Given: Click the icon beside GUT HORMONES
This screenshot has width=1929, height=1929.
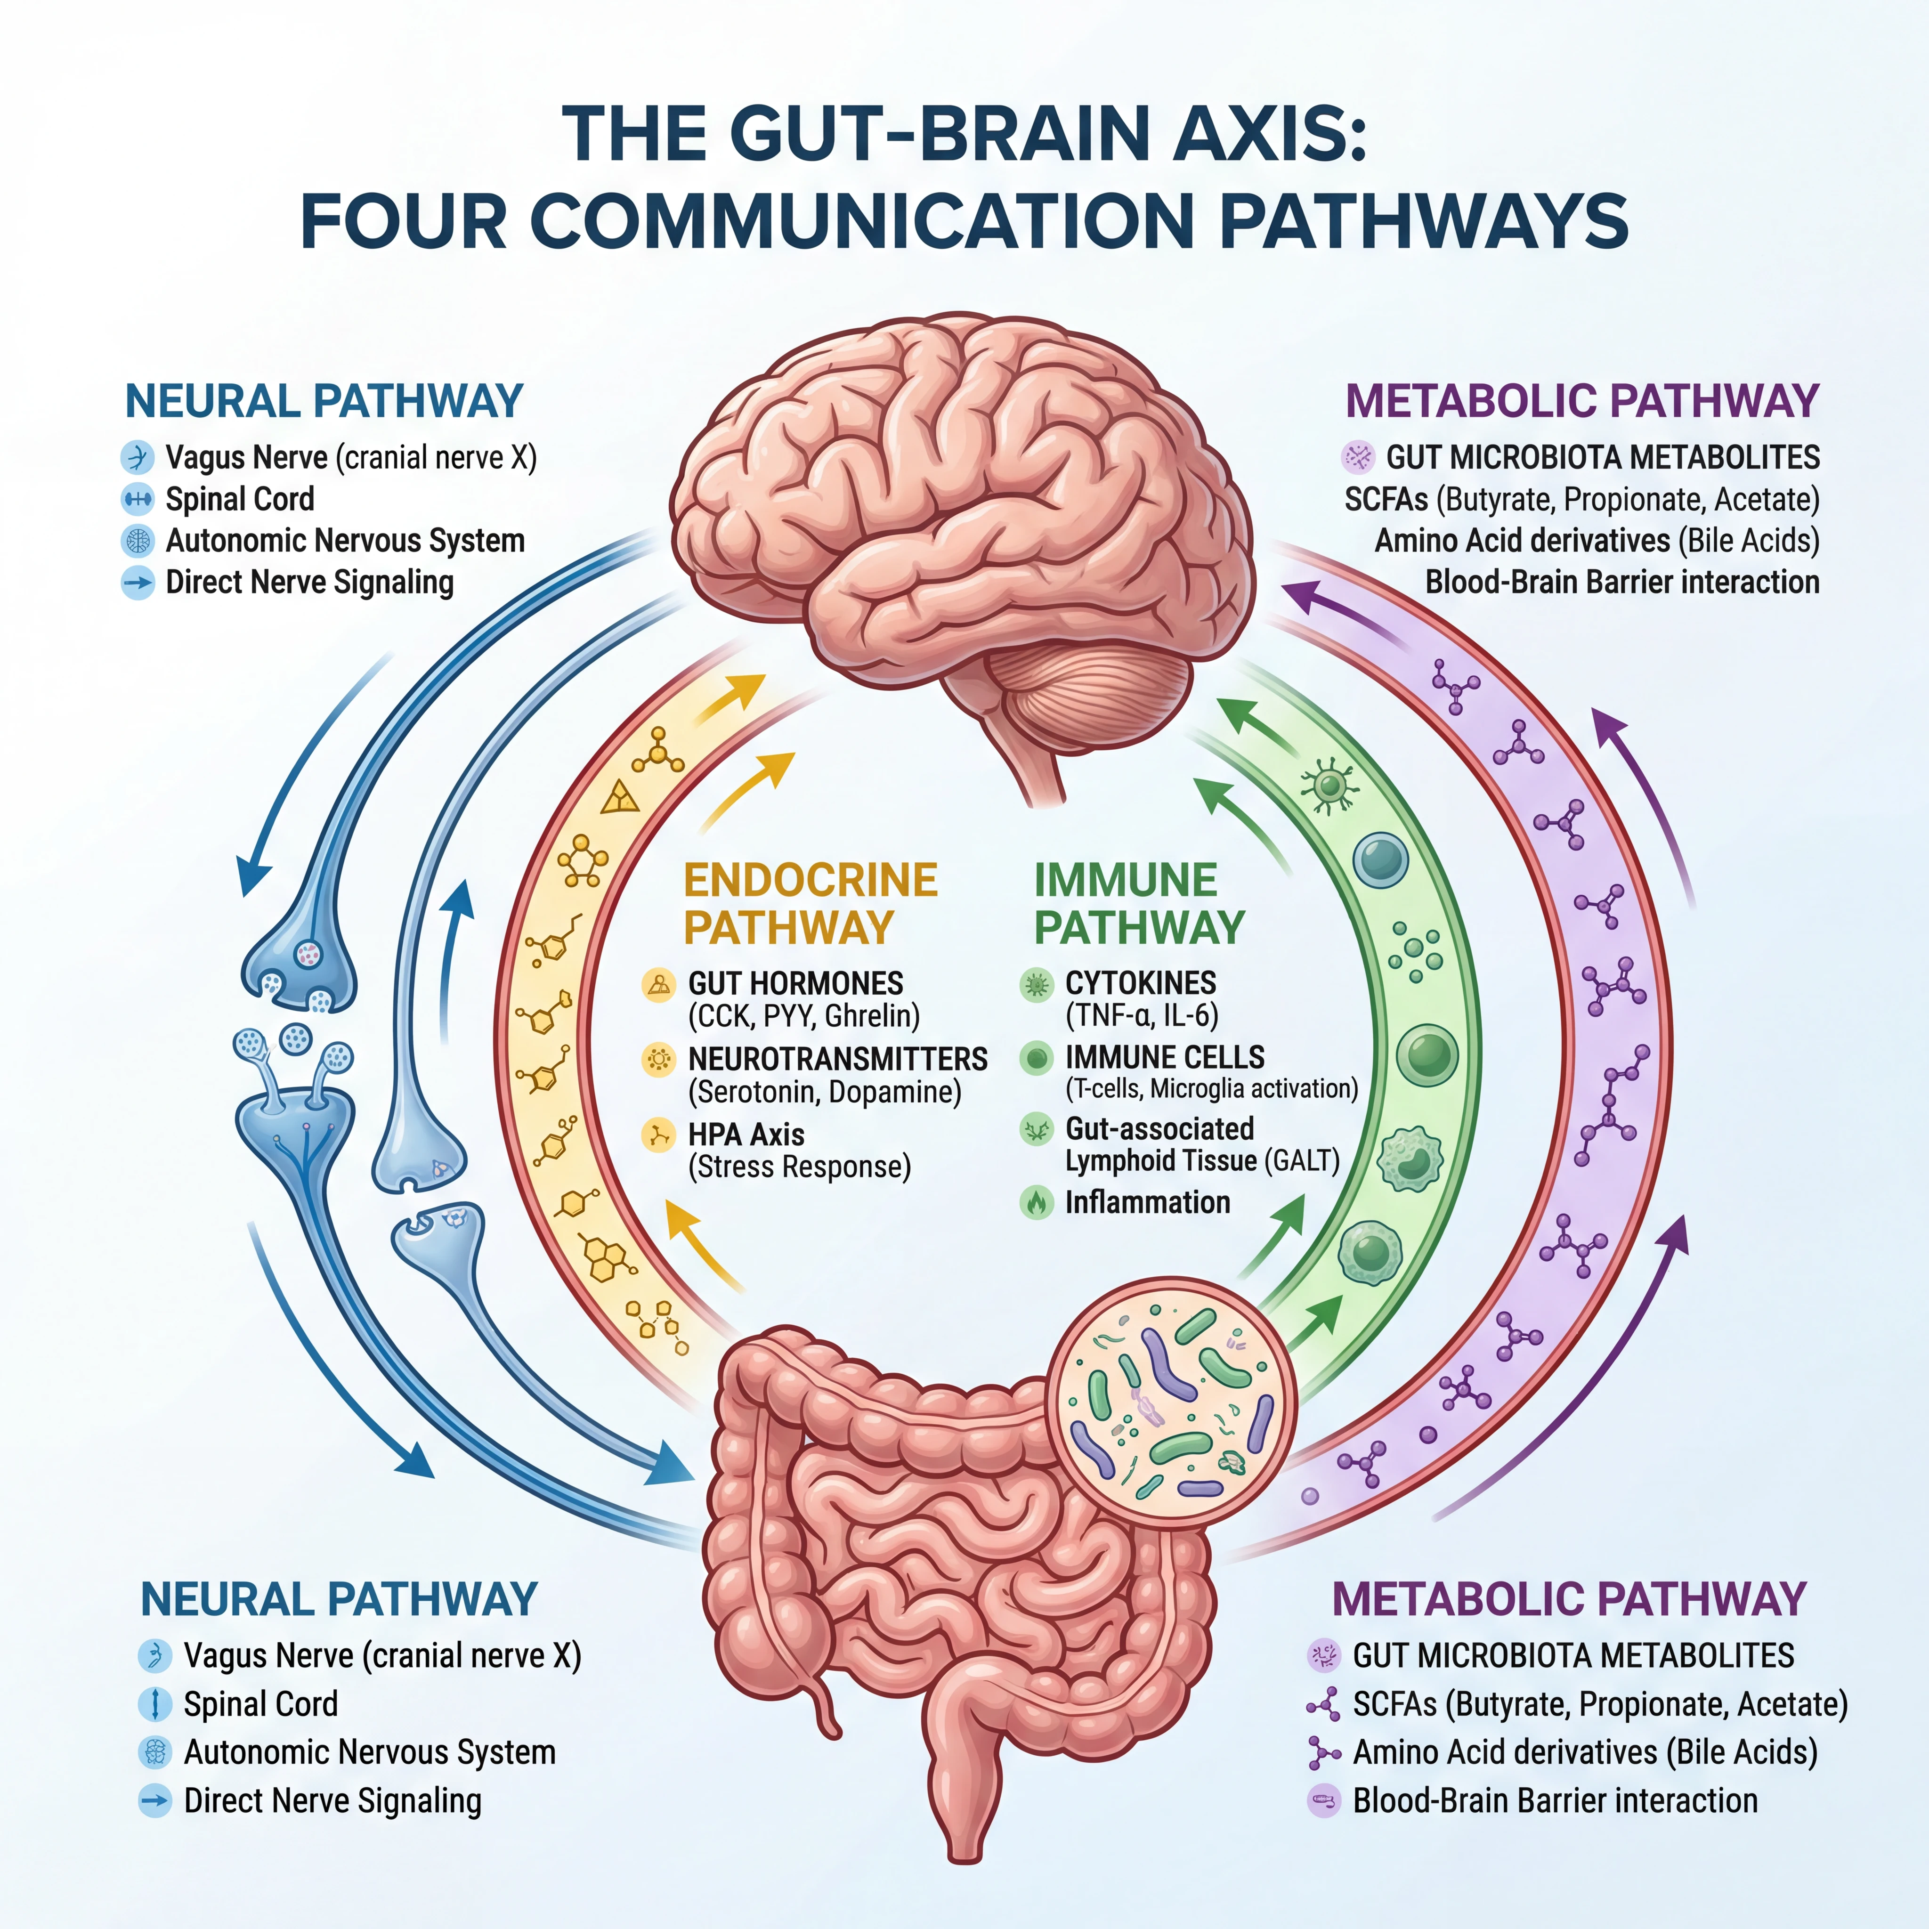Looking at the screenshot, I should coord(658,984).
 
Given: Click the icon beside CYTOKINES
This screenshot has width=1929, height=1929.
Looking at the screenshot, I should coord(1037,984).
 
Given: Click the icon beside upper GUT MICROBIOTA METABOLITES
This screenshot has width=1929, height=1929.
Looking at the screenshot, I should coord(1358,457).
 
